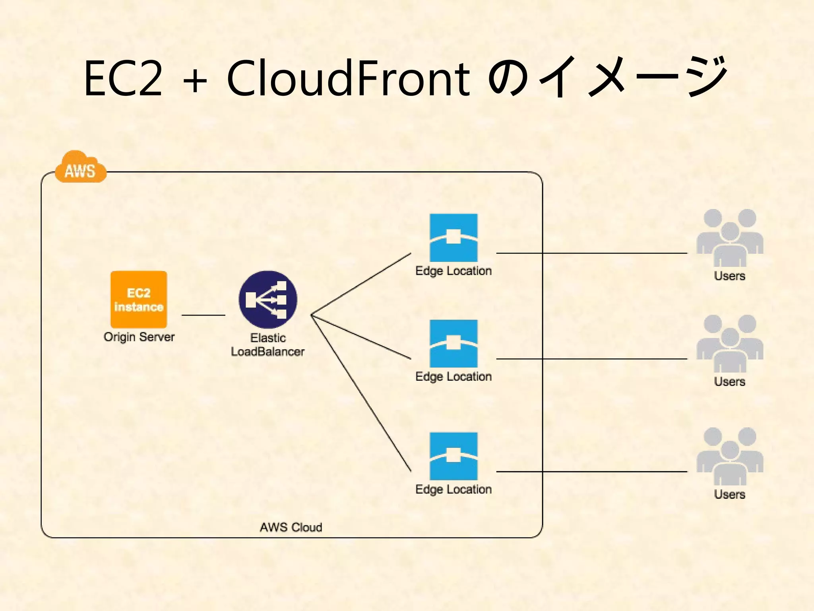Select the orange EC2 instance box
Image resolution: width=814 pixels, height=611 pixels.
[139, 300]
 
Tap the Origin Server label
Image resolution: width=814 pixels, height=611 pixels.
[139, 337]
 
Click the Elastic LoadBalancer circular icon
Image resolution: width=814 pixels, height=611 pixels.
[268, 300]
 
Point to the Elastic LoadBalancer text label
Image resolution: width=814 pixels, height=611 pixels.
[268, 345]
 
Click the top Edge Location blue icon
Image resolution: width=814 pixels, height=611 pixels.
[454, 237]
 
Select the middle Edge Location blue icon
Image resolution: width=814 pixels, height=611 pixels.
[454, 343]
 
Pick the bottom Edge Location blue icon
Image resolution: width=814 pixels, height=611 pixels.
[454, 456]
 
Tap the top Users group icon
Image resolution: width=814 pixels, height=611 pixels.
[730, 238]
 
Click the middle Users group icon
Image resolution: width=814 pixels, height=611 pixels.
[730, 344]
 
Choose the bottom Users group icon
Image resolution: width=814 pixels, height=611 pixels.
[730, 456]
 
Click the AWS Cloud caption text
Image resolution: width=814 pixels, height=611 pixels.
[291, 527]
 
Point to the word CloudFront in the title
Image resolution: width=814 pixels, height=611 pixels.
[348, 78]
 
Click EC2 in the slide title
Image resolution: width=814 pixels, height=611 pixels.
[124, 78]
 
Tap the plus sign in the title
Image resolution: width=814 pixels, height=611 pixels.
[195, 81]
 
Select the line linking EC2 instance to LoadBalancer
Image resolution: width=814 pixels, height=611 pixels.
[203, 315]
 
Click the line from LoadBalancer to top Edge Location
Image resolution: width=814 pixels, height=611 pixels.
[361, 284]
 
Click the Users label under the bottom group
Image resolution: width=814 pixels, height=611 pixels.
[730, 494]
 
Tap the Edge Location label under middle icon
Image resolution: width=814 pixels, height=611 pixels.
[454, 376]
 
